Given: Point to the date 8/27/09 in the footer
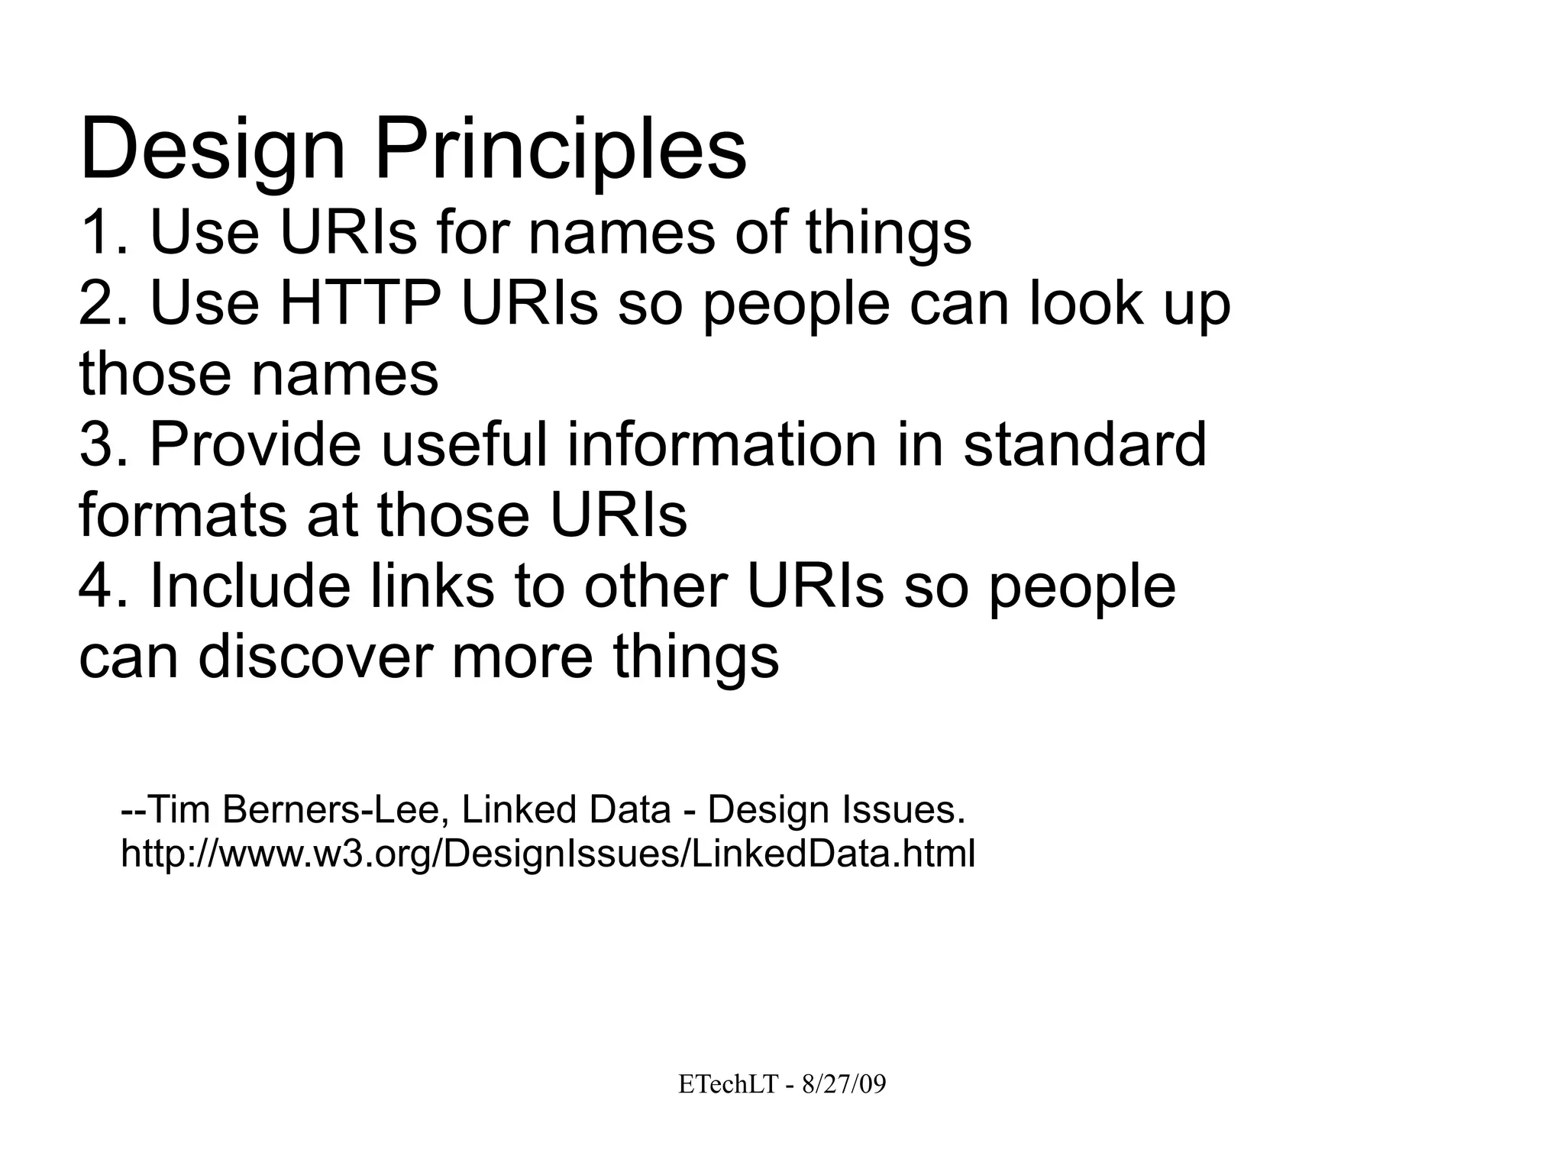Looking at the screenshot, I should click(844, 1084).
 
